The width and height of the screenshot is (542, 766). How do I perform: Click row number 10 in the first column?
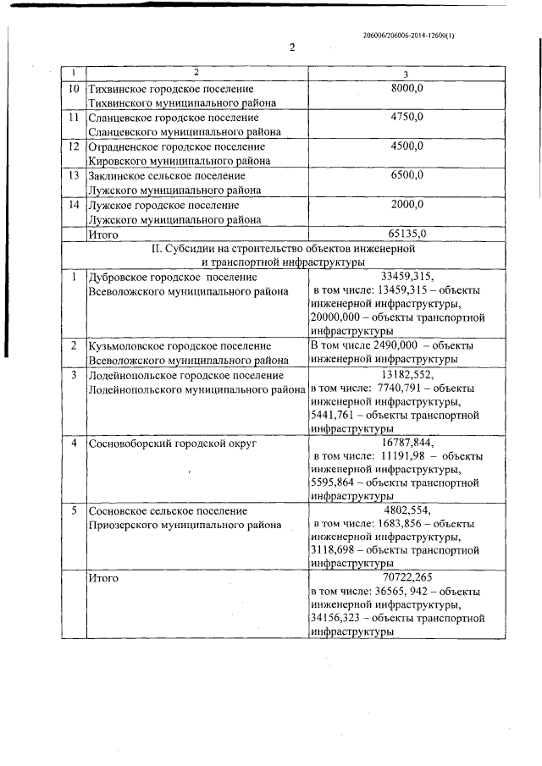[73, 88]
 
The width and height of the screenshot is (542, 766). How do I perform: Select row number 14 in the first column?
[73, 204]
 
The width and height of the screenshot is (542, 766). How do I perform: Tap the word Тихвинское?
[117, 88]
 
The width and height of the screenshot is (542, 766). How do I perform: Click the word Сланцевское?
[119, 117]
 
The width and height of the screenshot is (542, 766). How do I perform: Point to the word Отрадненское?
[123, 146]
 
